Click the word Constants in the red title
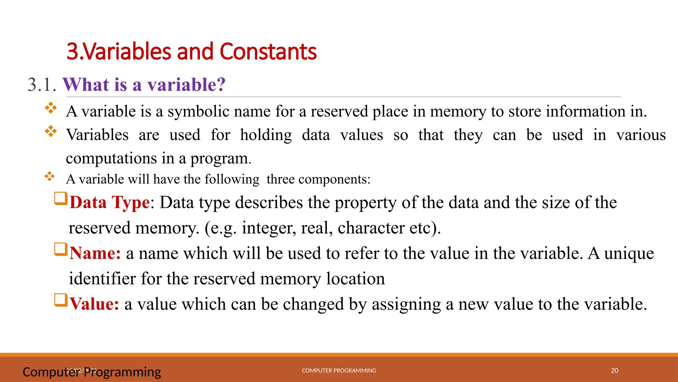tap(268, 52)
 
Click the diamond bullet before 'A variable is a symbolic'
tap(51, 108)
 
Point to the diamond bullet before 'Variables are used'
tap(51, 131)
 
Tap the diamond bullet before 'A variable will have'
tap(50, 176)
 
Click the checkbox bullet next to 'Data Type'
tap(61, 199)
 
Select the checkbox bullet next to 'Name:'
tap(61, 249)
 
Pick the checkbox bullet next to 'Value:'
tap(61, 300)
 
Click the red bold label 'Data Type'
tap(110, 202)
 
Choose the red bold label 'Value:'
tap(94, 304)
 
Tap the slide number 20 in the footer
tap(614, 371)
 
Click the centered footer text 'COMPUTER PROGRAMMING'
tap(339, 371)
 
